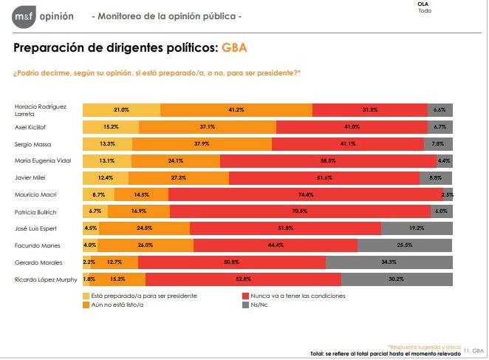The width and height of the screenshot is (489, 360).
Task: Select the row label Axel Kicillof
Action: (33, 126)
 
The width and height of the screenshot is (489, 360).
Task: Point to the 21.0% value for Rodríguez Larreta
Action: (121, 109)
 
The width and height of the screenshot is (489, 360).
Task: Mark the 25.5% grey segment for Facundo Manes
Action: (405, 245)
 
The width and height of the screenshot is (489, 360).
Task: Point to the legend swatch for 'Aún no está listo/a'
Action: (86, 304)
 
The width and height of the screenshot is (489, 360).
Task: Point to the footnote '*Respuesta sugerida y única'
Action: (425, 346)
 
